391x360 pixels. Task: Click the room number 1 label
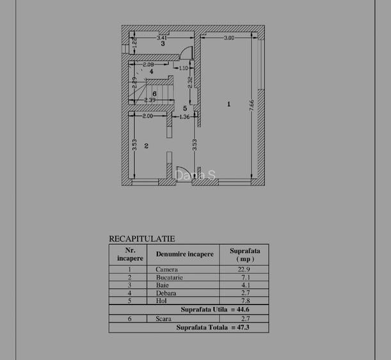click(x=228, y=104)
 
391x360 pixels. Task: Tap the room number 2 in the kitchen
click(x=147, y=146)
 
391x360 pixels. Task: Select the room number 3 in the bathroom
click(x=163, y=44)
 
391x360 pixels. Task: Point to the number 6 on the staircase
click(x=154, y=93)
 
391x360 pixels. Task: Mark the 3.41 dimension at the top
click(x=162, y=38)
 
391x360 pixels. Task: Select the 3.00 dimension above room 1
click(x=228, y=38)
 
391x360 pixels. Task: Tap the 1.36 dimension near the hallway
click(x=184, y=117)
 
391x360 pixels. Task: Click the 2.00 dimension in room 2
click(x=147, y=116)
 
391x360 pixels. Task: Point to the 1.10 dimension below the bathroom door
click(x=183, y=68)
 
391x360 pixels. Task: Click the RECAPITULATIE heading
click(x=141, y=238)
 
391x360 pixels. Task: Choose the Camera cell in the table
click(x=166, y=269)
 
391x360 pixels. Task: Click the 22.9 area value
click(x=244, y=269)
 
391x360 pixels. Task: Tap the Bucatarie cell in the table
click(x=169, y=278)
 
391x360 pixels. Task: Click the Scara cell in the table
click(x=164, y=318)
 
